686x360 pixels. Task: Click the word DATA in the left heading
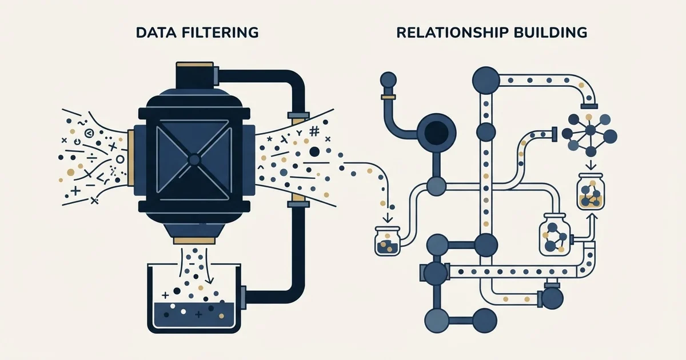point(157,33)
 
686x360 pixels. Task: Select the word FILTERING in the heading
point(221,33)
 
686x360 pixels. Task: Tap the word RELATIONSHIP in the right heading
point(448,33)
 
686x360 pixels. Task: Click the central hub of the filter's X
point(194,159)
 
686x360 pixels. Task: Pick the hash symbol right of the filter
point(314,131)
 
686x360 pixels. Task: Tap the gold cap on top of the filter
point(195,65)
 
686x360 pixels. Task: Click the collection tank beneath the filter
point(194,298)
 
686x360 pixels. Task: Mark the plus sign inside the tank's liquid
point(199,314)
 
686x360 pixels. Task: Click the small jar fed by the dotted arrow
point(388,241)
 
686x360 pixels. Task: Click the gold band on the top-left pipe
point(388,97)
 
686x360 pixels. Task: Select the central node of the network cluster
point(590,131)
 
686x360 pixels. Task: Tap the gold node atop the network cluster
point(588,117)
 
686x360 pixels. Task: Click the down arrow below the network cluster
point(591,165)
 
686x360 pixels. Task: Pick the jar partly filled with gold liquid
point(591,191)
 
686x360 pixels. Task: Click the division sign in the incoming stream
point(91,158)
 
